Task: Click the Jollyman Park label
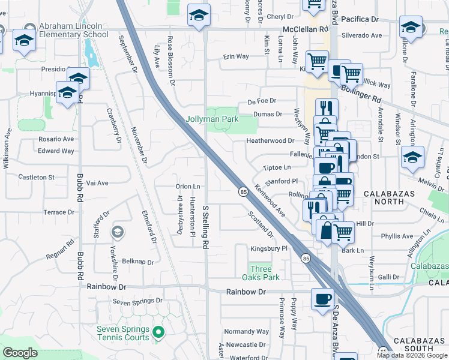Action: [x=212, y=119]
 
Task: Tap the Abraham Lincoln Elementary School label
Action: [x=73, y=30]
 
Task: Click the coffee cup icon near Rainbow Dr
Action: [x=322, y=298]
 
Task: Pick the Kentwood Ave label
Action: [x=270, y=200]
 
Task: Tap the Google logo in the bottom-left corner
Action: [x=20, y=353]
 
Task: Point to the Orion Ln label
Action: [x=187, y=187]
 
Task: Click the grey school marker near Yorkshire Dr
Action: [x=118, y=232]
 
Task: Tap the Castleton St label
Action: [x=36, y=178]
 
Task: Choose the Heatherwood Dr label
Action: [x=270, y=140]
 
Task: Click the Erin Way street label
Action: [x=236, y=56]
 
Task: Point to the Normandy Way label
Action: [x=246, y=331]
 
